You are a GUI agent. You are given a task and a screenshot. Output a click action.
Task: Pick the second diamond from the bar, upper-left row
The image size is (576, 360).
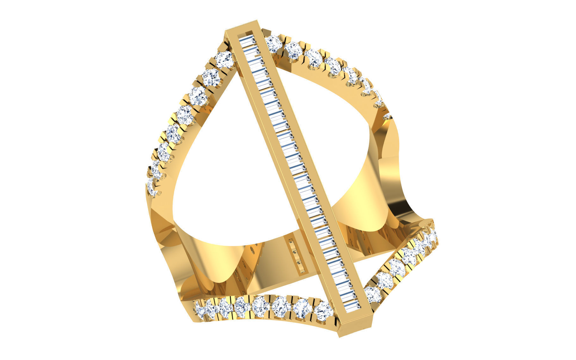[211, 77]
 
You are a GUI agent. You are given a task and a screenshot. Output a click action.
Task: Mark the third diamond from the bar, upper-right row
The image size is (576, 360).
[313, 58]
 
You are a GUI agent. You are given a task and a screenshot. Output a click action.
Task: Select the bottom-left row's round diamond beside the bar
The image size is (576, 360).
[323, 310]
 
